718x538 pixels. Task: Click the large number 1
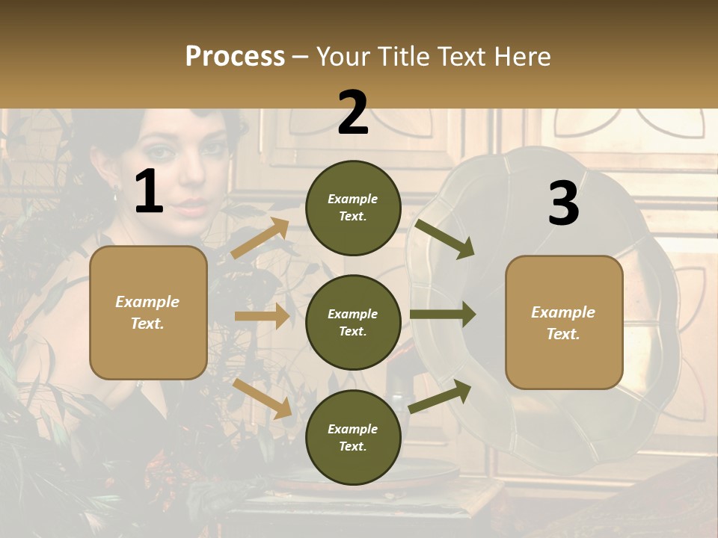point(149,192)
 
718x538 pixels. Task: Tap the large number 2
point(353,113)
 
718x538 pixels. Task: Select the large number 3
point(563,203)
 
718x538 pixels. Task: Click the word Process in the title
point(235,56)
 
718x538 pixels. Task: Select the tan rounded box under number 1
point(148,312)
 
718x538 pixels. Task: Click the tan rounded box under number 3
point(564,322)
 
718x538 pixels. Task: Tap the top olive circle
point(353,208)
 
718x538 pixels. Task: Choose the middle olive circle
point(353,322)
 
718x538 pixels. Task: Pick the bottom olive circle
point(353,437)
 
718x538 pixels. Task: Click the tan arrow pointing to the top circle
point(260,238)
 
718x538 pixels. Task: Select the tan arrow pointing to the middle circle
point(262,316)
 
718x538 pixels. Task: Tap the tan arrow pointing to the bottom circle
point(263,398)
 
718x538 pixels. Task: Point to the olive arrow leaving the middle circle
point(442,314)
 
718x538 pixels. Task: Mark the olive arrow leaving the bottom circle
point(440,396)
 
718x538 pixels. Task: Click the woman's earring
point(116,197)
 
